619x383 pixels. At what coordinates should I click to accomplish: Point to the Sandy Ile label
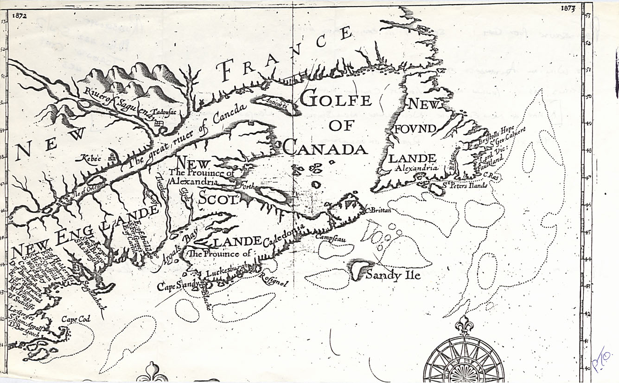click(393, 275)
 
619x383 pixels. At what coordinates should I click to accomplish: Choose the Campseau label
click(331, 236)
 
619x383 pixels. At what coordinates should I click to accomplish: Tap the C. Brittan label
click(378, 211)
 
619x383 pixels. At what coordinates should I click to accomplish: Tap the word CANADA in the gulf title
click(325, 149)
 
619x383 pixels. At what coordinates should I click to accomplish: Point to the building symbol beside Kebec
click(111, 157)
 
